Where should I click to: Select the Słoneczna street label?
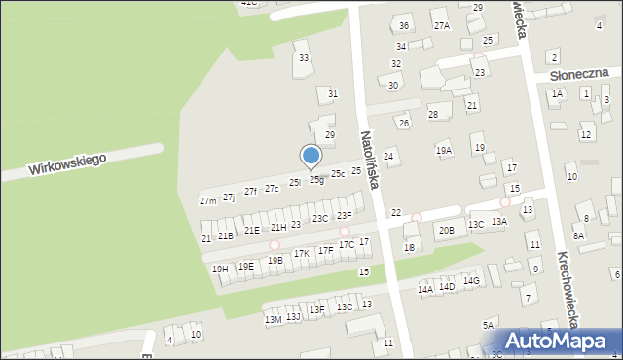pos(578,73)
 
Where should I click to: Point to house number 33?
pos(304,58)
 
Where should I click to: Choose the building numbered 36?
pos(404,25)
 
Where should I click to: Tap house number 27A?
pos(442,25)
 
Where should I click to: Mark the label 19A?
pos(444,151)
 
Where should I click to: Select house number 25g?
pos(316,179)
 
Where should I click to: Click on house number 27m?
pos(208,201)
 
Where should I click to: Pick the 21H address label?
pos(278,227)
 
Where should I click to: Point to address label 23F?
pos(344,215)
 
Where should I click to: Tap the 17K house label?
pos(302,253)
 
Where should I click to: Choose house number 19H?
pos(220,269)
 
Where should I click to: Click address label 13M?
pos(273,319)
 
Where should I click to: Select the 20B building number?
pos(446,231)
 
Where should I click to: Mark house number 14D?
pos(447,287)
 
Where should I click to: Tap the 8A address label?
pos(578,236)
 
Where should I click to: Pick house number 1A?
pos(557,94)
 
